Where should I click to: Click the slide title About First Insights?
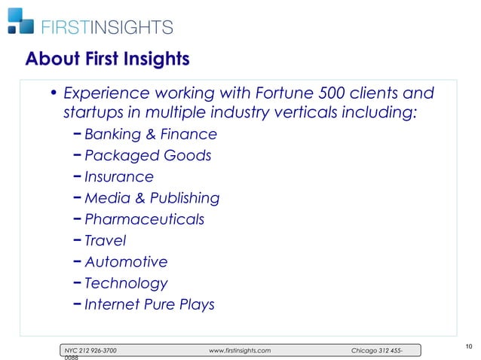pos(106,59)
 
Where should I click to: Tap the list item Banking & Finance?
pos(151,135)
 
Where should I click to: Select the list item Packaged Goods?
pos(148,156)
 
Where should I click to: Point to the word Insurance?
pos(118,177)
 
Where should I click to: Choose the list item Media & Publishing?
pos(152,198)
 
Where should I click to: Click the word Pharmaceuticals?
pos(144,220)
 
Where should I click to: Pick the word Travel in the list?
pos(105,241)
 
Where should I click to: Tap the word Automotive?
pos(126,262)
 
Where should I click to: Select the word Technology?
pos(126,284)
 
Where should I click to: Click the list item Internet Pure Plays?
pos(149,305)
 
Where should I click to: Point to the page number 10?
pos(469,346)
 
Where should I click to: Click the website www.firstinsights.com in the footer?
pos(239,351)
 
